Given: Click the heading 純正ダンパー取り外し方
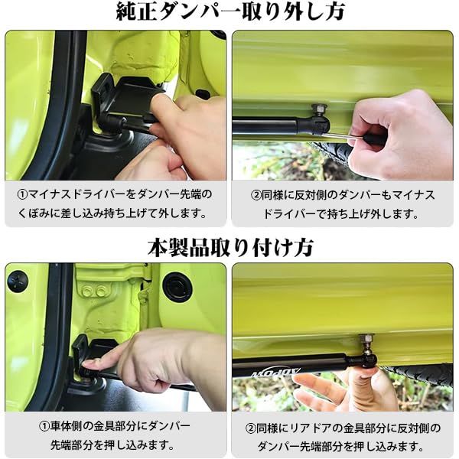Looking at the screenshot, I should [x=229, y=13].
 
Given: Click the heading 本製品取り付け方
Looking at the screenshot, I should [x=229, y=246].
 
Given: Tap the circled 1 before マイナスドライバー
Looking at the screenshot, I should [x=24, y=194].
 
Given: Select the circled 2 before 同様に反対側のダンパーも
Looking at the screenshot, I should [x=258, y=194].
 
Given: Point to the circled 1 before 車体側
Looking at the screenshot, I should [x=45, y=425].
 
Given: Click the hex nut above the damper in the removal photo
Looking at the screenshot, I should [x=320, y=109].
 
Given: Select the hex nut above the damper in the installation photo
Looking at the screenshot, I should [x=366, y=340].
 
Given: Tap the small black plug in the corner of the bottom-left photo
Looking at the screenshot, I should [x=17, y=280].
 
